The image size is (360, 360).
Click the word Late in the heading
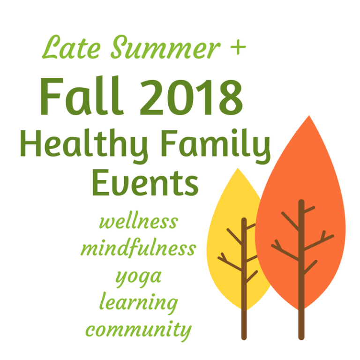click(x=71, y=47)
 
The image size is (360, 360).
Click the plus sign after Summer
click(x=238, y=47)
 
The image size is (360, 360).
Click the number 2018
click(x=191, y=97)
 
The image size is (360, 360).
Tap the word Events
click(x=145, y=183)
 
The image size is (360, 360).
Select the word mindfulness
click(x=138, y=247)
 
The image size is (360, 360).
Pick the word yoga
click(x=138, y=278)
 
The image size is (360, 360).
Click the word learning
click(x=138, y=303)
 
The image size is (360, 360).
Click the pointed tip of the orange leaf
click(x=309, y=116)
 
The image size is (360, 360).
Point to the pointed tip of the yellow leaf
click(x=238, y=168)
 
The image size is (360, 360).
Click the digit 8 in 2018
click(x=231, y=97)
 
